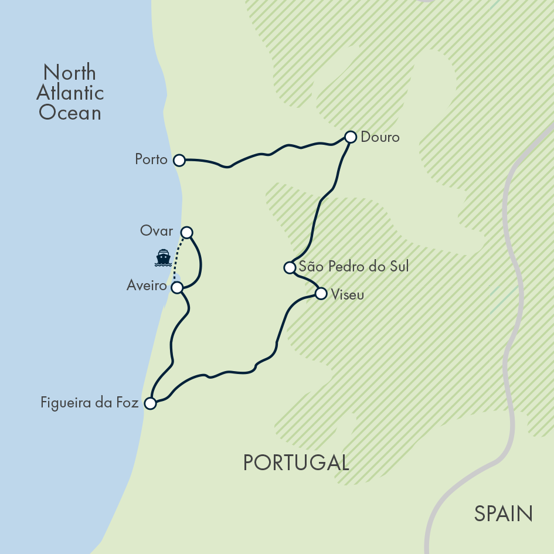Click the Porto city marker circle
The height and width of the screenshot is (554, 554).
tap(179, 160)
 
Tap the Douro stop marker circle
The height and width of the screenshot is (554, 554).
tap(350, 137)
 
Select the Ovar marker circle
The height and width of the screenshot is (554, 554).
tap(186, 232)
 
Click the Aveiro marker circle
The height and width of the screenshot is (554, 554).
tap(176, 287)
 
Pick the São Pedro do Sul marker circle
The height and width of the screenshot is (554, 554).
tap(289, 267)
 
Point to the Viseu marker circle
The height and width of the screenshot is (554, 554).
tap(321, 294)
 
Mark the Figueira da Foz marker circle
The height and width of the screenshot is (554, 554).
tap(150, 403)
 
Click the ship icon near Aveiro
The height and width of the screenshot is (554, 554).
tap(162, 257)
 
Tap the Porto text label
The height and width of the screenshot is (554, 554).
tap(151, 159)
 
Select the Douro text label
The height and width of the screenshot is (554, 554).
tap(380, 137)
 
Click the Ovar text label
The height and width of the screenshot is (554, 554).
tap(157, 231)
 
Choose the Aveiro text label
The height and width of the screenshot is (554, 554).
tap(147, 286)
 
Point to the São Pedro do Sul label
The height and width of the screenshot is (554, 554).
tap(354, 267)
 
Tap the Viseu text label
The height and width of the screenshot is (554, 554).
tap(348, 294)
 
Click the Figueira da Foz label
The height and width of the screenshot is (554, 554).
tap(90, 403)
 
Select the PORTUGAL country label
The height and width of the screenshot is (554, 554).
tap(296, 463)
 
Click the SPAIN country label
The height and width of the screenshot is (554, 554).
tap(503, 514)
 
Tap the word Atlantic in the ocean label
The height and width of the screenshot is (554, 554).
tap(70, 93)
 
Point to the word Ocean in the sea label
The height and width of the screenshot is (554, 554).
tap(70, 113)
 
